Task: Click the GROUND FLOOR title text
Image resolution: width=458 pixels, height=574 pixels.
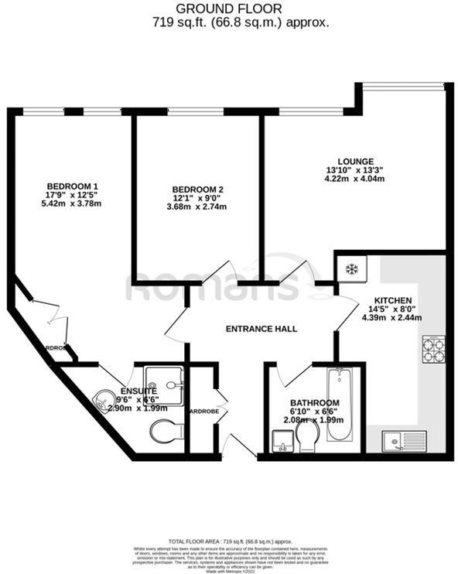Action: (x=229, y=9)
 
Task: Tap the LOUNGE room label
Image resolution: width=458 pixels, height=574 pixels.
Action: (x=356, y=159)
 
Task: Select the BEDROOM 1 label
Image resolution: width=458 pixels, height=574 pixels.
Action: (x=73, y=186)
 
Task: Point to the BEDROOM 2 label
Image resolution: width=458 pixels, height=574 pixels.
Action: (x=197, y=190)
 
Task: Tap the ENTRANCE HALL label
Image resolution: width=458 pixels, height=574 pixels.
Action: (x=261, y=329)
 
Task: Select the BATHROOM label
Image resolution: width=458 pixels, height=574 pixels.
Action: (x=314, y=403)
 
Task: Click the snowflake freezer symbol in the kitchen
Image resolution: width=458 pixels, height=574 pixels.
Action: (x=351, y=270)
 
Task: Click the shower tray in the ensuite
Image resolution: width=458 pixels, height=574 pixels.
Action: (x=164, y=379)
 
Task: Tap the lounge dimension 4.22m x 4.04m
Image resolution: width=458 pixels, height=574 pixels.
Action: (x=356, y=179)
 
